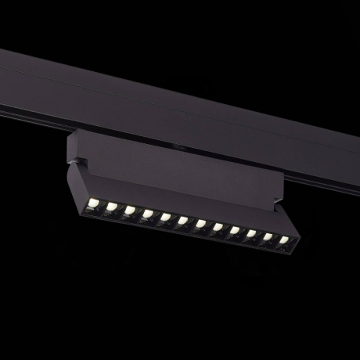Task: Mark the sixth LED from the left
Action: [182, 221]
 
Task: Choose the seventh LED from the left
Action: [200, 225]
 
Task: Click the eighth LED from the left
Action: [218, 228]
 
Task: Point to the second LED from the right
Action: [268, 237]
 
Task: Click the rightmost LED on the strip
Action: [283, 239]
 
